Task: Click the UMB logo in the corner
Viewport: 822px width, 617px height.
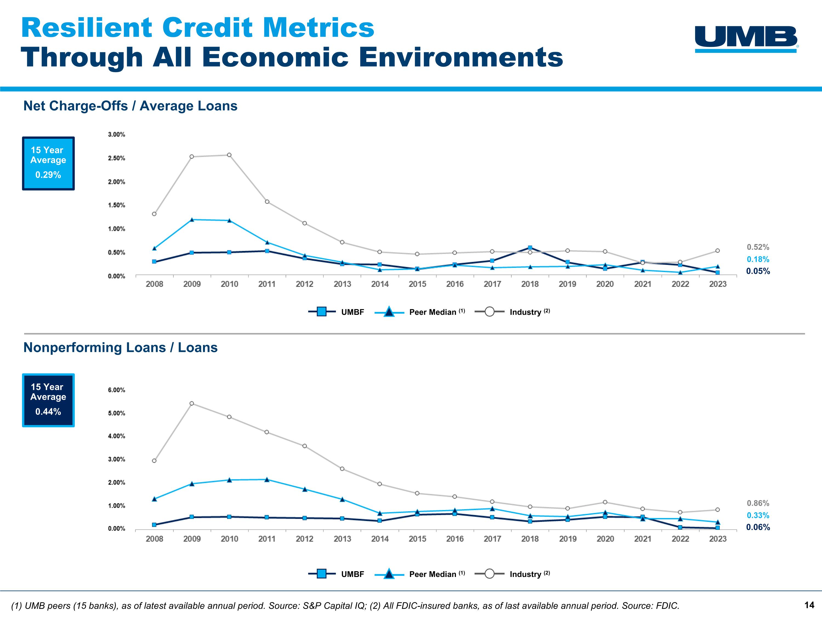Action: [x=746, y=39]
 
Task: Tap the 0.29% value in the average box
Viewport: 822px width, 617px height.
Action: [x=48, y=175]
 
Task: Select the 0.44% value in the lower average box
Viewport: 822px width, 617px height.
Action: [x=48, y=412]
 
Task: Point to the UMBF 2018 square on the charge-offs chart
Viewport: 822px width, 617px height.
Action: [x=530, y=248]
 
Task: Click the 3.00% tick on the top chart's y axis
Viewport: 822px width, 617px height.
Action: [x=116, y=135]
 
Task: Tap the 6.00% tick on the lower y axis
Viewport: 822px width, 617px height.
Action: [x=116, y=390]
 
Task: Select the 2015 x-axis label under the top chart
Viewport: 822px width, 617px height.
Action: [x=417, y=284]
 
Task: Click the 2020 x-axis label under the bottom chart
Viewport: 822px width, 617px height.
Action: [x=605, y=539]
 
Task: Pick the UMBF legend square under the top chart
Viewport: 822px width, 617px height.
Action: [x=322, y=312]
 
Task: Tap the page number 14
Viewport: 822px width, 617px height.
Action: [x=809, y=605]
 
